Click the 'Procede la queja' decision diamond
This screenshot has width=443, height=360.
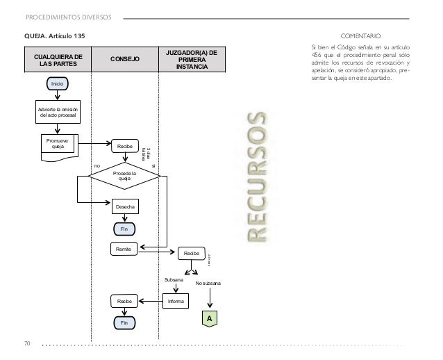coord(125,176)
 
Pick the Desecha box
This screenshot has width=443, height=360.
coord(126,207)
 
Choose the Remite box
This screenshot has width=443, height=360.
coord(124,248)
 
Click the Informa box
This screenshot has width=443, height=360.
coord(175,302)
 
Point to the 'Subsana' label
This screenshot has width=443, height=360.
coord(174,279)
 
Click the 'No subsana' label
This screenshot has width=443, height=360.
coord(208,284)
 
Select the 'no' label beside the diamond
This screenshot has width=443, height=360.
coord(97,167)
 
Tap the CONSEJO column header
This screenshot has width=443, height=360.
coord(125,60)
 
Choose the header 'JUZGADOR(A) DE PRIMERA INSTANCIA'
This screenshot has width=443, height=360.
coord(195,59)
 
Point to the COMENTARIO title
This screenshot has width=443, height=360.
coord(360,35)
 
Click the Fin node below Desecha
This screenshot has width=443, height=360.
coord(125,229)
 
